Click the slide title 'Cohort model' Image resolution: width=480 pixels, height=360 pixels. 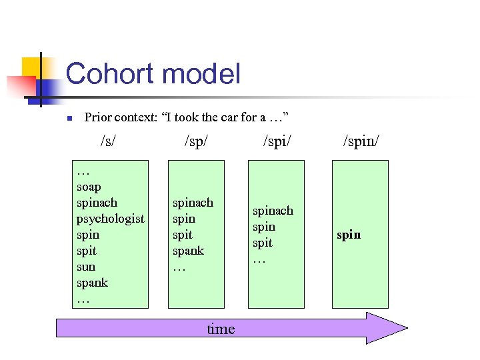153,73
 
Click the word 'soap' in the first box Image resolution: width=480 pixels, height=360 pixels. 89,187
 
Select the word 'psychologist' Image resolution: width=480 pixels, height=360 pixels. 110,219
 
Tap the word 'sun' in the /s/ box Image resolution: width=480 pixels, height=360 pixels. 86,267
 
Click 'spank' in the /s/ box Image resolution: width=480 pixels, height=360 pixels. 92,283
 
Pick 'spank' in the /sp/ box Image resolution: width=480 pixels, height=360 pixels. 188,251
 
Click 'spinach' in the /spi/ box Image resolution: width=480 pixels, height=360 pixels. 273,211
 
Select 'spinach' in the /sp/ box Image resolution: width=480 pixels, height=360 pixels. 193,203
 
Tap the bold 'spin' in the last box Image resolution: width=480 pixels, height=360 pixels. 348,235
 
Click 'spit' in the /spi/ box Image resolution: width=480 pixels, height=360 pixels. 262,243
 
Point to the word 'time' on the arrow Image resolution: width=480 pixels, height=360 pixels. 221,329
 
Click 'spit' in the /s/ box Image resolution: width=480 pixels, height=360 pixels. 86,251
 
